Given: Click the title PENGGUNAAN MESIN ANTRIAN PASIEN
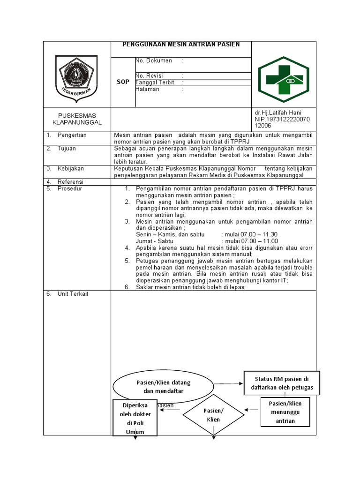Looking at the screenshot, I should [x=181, y=45].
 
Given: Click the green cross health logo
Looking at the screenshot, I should [x=284, y=75].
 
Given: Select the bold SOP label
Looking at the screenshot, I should [x=123, y=82].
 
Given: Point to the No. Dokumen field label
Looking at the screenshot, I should [x=154, y=61].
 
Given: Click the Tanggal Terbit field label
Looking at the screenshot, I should [x=155, y=82].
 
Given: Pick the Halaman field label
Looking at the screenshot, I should [x=148, y=90].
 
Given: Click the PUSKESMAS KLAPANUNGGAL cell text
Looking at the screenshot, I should [x=77, y=119].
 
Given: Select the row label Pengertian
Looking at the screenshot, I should [x=72, y=135].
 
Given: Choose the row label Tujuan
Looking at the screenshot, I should [x=67, y=149].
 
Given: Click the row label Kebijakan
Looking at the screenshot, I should [x=70, y=168].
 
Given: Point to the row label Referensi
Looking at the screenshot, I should [x=70, y=182].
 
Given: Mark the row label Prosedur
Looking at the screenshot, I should [x=69, y=188].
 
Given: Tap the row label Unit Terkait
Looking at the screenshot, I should [x=73, y=294].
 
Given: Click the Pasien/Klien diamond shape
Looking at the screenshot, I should [x=213, y=415].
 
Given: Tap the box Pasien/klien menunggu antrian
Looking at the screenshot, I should [x=285, y=412].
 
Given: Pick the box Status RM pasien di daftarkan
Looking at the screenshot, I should [x=281, y=383].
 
